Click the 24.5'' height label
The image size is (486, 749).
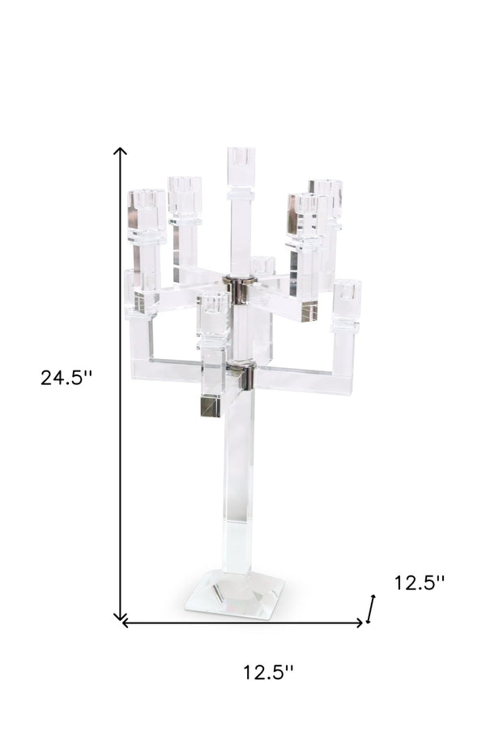[67, 378]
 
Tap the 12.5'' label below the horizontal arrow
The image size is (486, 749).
[268, 672]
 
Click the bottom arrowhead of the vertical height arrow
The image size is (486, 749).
[121, 618]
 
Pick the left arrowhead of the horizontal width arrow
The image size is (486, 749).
[124, 623]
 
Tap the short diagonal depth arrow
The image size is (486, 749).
[372, 608]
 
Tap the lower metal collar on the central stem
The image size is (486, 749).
[241, 374]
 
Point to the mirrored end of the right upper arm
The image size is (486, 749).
[309, 310]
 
